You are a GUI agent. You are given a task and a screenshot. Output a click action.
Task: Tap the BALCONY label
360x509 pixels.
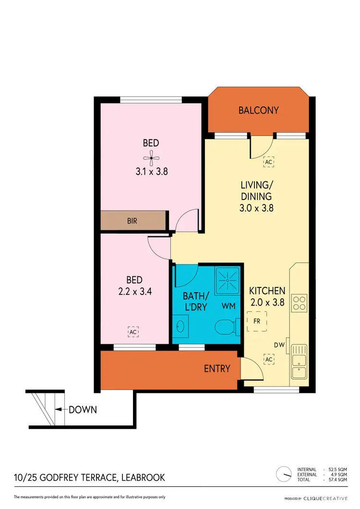click(x=259, y=110)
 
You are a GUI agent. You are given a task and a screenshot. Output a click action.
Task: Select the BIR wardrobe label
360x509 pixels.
click(x=133, y=222)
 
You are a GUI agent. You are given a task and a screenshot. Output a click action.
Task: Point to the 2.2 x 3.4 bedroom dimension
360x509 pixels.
click(x=135, y=291)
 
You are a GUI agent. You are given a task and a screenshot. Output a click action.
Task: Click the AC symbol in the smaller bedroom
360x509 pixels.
click(x=133, y=331)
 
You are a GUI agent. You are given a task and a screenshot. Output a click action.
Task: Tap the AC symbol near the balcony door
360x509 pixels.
click(x=268, y=162)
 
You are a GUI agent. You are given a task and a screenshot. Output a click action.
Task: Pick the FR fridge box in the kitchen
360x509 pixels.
click(x=257, y=321)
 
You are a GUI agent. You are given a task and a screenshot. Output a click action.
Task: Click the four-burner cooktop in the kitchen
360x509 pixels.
click(x=300, y=303)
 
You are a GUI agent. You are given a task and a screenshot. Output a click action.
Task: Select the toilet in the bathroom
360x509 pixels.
click(x=226, y=328)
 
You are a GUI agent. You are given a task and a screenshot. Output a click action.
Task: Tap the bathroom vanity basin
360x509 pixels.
click(x=180, y=327)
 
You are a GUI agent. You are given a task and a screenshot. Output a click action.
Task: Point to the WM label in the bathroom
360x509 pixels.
click(x=228, y=305)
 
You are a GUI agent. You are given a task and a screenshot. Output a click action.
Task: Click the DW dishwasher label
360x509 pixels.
click(x=279, y=344)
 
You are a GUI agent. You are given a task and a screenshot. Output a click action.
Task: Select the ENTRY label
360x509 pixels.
click(x=217, y=369)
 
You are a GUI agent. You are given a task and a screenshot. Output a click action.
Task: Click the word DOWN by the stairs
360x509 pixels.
click(x=83, y=410)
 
